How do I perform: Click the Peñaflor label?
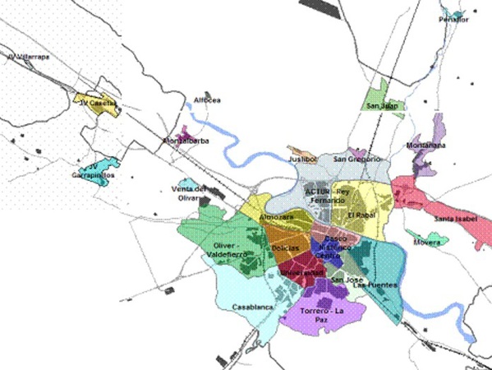(453, 18)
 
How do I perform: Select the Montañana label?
(425, 146)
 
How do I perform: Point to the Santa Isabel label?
(455, 219)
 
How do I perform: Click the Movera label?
(428, 243)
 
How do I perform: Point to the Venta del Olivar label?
(187, 194)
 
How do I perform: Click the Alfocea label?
(206, 100)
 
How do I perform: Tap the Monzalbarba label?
(186, 141)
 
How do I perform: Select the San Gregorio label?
(356, 158)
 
